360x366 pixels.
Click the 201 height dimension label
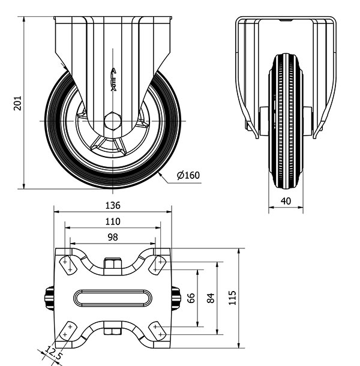[17, 103]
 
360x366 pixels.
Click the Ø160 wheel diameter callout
[188, 175]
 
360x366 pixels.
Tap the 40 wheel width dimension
[286, 201]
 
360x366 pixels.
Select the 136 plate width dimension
[113, 205]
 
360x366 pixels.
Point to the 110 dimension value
[113, 221]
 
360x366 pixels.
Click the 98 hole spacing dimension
[113, 237]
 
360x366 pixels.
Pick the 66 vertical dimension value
[191, 298]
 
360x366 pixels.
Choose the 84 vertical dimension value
[211, 298]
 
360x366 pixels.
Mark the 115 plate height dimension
[232, 298]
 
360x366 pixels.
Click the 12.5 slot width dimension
[53, 353]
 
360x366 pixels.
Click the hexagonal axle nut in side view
[113, 121]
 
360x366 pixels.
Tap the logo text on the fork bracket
[113, 79]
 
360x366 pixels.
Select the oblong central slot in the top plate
[113, 298]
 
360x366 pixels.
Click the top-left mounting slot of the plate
[67, 265]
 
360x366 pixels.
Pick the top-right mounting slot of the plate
[158, 265]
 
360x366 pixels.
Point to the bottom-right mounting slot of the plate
[158, 331]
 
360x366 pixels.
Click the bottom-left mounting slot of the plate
[67, 331]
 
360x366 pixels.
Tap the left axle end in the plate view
[49, 298]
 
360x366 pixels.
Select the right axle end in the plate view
[176, 298]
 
